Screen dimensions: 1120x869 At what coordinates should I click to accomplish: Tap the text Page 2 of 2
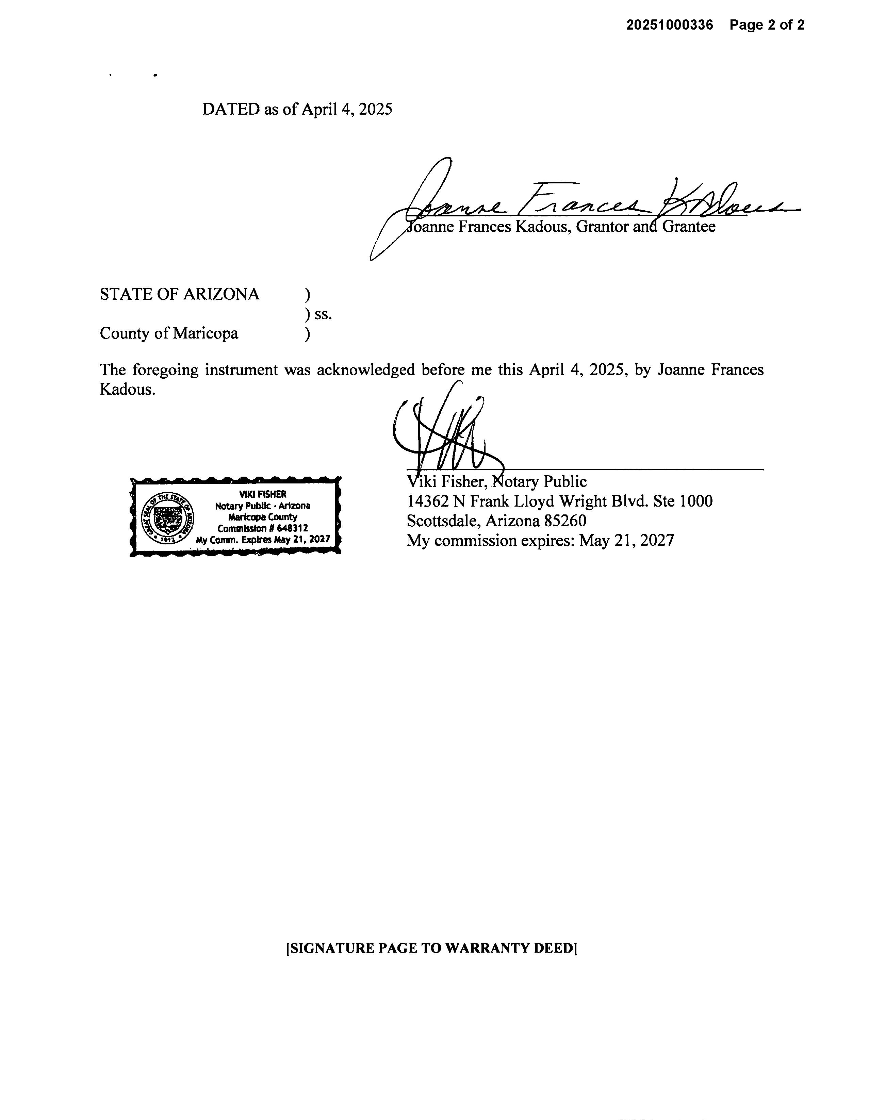[x=767, y=25]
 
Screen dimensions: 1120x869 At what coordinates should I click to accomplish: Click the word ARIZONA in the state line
[x=221, y=294]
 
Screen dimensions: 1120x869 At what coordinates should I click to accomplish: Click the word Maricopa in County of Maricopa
[x=205, y=333]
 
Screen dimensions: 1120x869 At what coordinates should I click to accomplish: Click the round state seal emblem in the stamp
[x=167, y=516]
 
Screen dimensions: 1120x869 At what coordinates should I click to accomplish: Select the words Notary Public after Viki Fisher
[x=539, y=481]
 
